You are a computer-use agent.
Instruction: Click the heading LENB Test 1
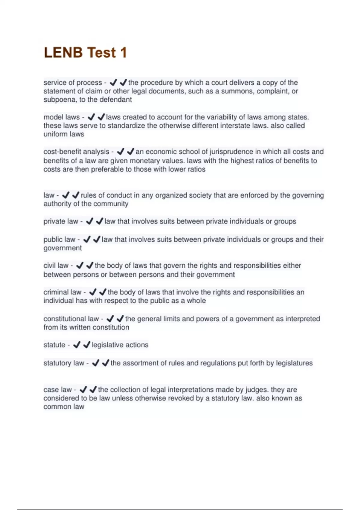tap(85, 52)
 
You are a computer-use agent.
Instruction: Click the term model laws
tap(61, 117)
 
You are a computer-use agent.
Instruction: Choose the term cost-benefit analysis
tap(76, 152)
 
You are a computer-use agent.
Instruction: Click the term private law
tap(61, 221)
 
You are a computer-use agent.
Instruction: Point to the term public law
tap(59, 239)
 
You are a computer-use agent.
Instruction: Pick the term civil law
tap(56, 265)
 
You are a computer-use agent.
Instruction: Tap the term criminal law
tap(62, 292)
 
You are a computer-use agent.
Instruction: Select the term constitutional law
tap(71, 319)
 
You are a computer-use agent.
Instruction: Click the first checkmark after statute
tap(77, 345)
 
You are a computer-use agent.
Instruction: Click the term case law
tap(57, 390)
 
